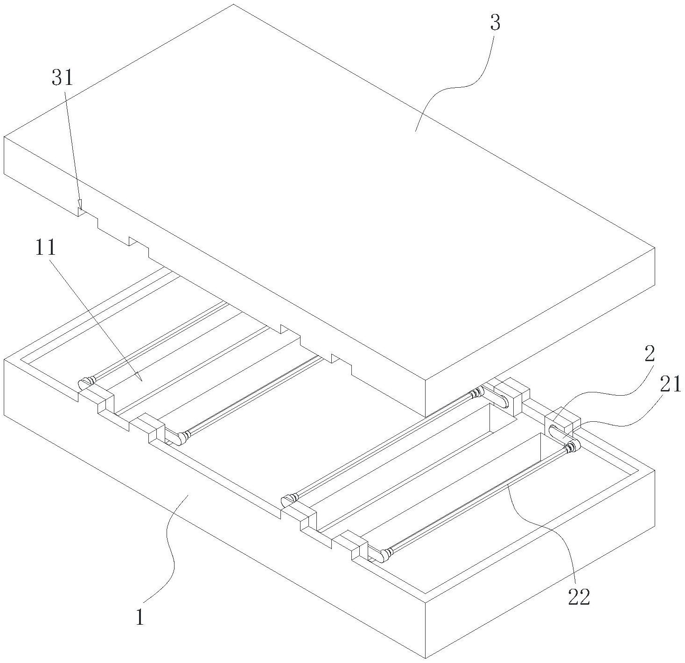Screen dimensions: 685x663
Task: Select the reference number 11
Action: click(46, 248)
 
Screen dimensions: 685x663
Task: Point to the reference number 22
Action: click(579, 597)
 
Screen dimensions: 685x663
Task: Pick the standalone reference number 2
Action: click(650, 355)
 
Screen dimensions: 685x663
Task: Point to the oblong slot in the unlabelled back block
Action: click(501, 400)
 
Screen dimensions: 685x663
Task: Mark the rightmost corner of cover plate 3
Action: click(654, 248)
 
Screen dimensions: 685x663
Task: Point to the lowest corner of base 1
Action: click(425, 658)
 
